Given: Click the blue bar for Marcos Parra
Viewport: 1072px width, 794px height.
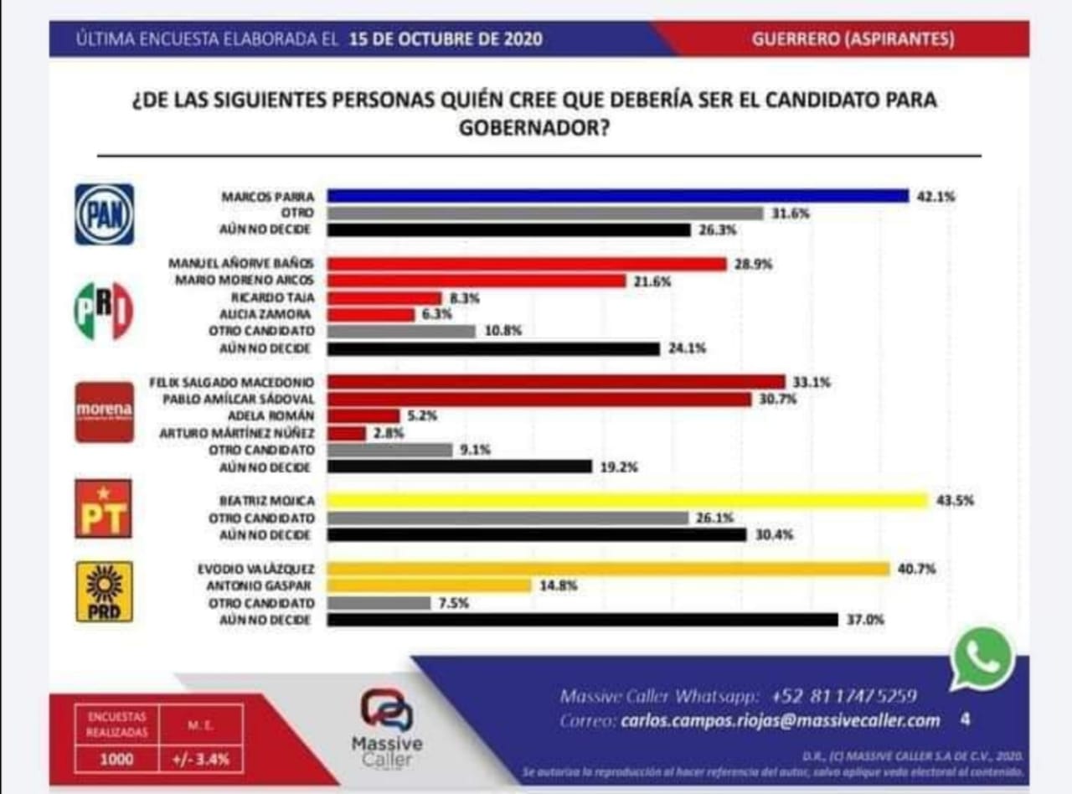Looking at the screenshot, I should click(617, 196).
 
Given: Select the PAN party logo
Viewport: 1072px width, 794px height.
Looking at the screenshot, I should click(104, 214).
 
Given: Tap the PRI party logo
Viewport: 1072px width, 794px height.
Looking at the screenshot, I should click(104, 312).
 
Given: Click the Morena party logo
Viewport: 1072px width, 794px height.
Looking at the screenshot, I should click(104, 411).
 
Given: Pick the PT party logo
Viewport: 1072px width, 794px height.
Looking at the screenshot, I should click(104, 508).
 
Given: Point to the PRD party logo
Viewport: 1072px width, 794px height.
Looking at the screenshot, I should click(104, 591).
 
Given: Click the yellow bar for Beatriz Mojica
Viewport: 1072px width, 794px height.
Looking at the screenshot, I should click(626, 501).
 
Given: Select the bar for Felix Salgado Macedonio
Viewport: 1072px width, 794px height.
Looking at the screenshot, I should click(555, 383).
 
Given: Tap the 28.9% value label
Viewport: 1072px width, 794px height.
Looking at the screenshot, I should click(754, 264).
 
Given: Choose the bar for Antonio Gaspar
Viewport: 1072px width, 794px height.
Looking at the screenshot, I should click(429, 586).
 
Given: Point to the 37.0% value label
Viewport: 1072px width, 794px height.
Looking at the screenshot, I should click(864, 620).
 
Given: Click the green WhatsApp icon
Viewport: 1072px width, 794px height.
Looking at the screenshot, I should click(982, 658).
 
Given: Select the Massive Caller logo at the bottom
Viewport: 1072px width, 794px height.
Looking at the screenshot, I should click(386, 726).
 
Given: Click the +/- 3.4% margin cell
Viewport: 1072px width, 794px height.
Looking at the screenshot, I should click(204, 760).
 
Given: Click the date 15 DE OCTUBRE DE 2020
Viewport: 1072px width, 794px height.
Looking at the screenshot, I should click(446, 39).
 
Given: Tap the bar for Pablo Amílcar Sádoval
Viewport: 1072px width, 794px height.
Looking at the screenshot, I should click(539, 400).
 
